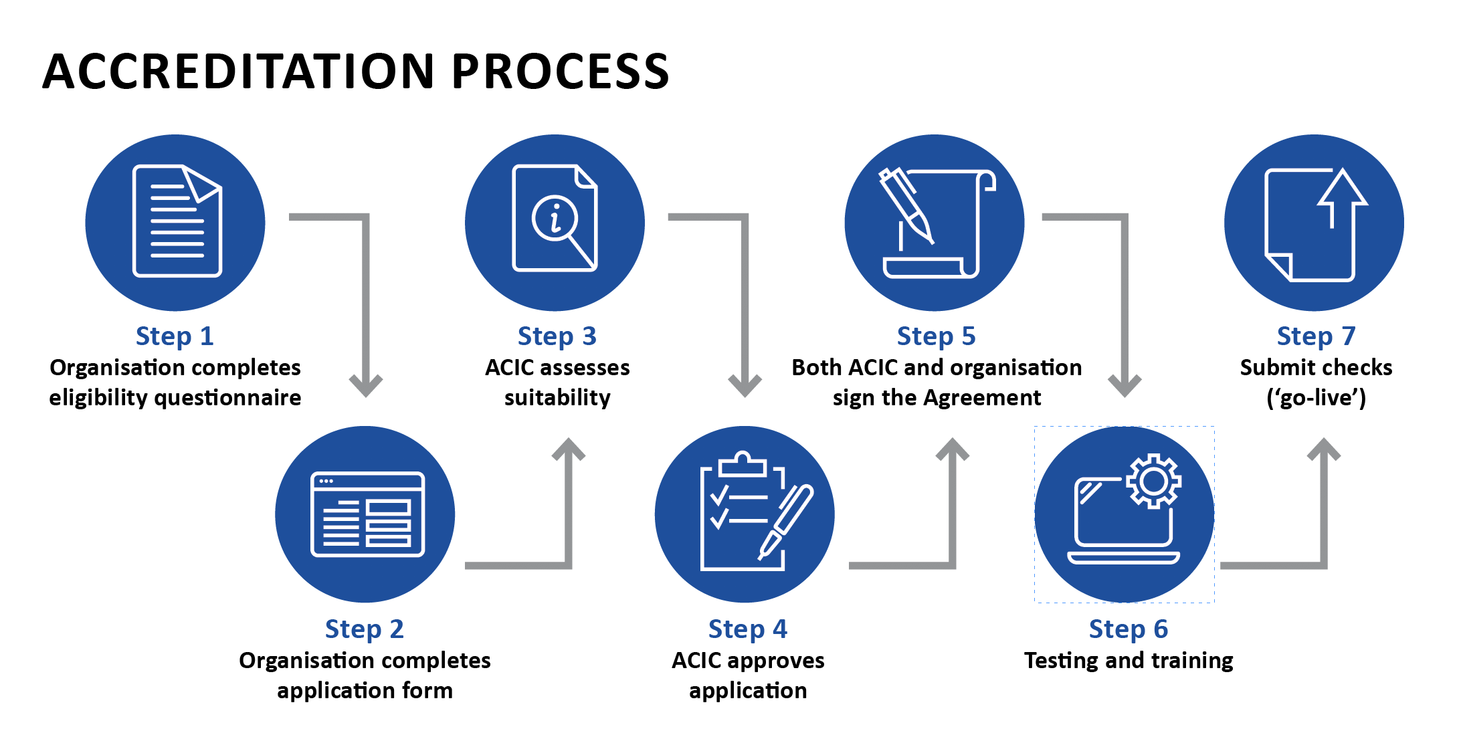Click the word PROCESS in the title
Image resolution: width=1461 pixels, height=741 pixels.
[x=560, y=72]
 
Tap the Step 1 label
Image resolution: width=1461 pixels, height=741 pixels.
[x=175, y=336]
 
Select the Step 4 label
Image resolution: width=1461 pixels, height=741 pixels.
[x=747, y=629]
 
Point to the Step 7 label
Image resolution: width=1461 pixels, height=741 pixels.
[x=1315, y=336]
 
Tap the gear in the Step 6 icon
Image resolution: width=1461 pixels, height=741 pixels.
[x=1153, y=481]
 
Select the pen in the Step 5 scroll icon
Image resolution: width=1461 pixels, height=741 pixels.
[x=906, y=205]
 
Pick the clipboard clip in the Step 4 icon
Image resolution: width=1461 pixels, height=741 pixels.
[x=742, y=463]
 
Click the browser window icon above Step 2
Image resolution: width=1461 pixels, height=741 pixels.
[x=367, y=514]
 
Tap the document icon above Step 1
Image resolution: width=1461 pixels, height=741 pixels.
[x=177, y=221]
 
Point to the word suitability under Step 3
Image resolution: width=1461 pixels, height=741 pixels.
[x=557, y=398]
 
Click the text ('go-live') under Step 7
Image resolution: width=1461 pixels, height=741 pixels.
[x=1316, y=398]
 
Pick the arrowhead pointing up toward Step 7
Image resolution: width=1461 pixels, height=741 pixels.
[x=1324, y=449]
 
